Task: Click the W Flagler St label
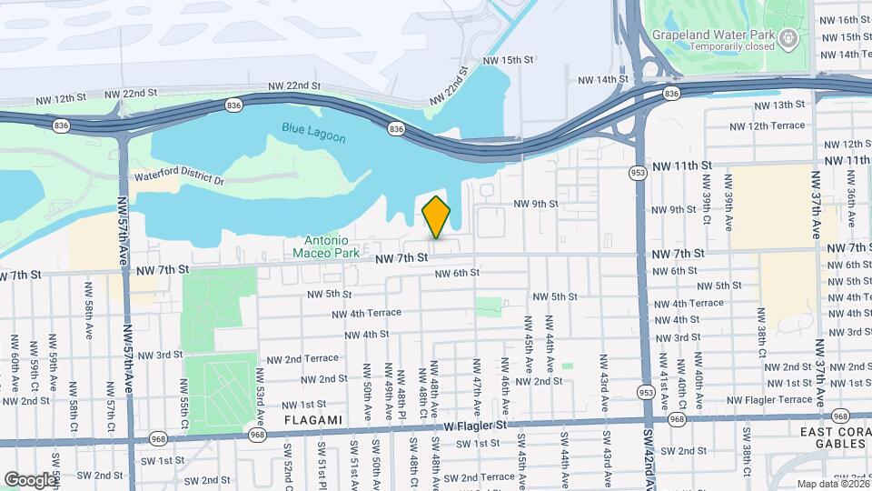pyautogui.click(x=472, y=425)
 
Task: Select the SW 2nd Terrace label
pyautogui.click(x=486, y=476)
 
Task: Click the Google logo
pyautogui.click(x=29, y=479)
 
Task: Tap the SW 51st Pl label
pyautogui.click(x=321, y=464)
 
